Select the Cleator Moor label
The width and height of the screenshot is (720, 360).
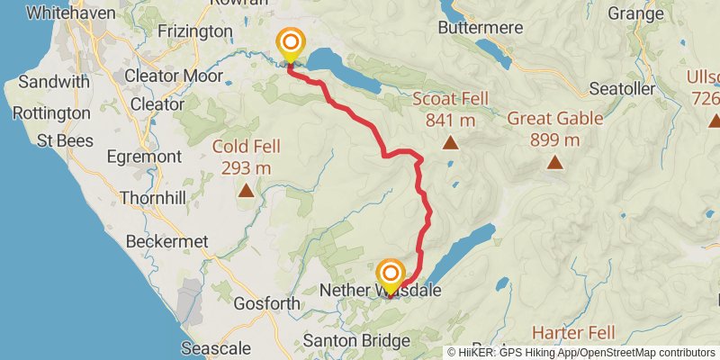pyautogui.click(x=177, y=76)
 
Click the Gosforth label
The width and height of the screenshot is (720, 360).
pyautogui.click(x=266, y=304)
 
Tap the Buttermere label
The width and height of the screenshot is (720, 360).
pyautogui.click(x=480, y=28)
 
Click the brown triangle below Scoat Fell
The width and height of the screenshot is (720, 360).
pyautogui.click(x=450, y=142)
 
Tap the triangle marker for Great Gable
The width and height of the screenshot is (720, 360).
pyautogui.click(x=555, y=162)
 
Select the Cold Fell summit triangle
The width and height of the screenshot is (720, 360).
pyautogui.click(x=245, y=190)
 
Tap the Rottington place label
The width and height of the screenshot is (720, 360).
pyautogui.click(x=52, y=113)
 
